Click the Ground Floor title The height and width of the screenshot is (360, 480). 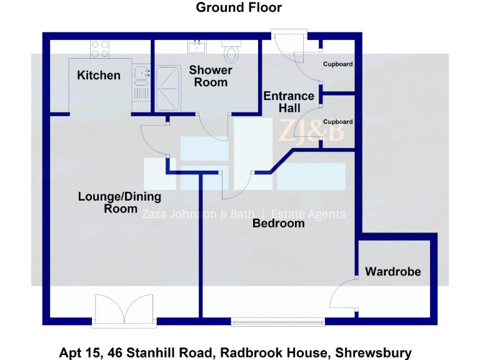[239, 8]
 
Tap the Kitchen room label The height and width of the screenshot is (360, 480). [99, 76]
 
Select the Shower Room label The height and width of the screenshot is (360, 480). [211, 76]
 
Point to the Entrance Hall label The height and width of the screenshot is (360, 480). [289, 102]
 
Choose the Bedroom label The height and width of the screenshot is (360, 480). [278, 223]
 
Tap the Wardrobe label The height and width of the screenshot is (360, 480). [393, 272]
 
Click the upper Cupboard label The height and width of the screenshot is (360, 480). [337, 64]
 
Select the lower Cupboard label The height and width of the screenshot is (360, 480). [337, 122]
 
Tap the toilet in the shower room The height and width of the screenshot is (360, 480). [231, 51]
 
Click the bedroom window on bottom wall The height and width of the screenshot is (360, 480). [277, 322]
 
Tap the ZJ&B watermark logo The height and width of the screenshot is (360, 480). [311, 132]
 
